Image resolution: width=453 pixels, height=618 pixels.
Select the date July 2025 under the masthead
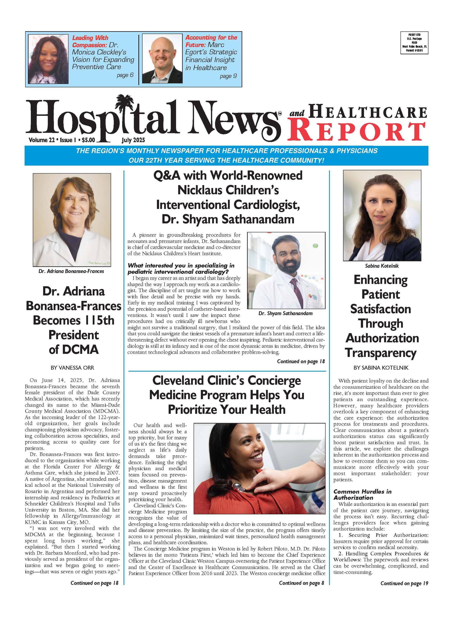133,140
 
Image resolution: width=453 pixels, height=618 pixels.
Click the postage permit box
414,43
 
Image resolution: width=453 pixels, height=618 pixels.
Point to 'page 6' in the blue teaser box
125,75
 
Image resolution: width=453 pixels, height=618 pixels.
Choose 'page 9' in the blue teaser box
228,76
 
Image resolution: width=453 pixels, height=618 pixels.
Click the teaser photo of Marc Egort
162,59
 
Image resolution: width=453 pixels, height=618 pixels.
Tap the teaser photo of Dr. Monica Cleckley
48,59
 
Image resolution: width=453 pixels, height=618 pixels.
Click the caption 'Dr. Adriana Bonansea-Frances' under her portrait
71,271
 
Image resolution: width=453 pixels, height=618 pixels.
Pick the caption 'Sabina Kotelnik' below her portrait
382,266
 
